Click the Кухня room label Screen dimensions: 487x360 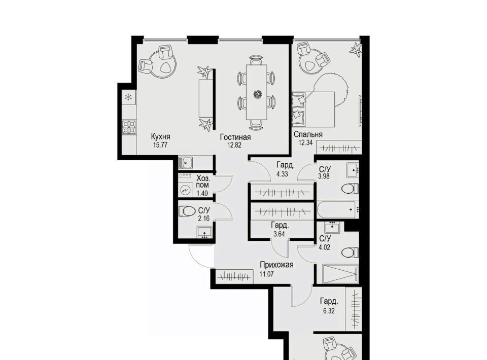pos(161,136)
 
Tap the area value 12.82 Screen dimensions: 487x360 pos(234,145)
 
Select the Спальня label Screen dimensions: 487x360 pos(308,134)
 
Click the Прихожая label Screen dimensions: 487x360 pos(276,265)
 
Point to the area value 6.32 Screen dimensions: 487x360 pos(329,311)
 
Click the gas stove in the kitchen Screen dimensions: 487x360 pos(129,127)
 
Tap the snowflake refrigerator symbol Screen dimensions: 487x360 pos(128,97)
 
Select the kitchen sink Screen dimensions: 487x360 pos(186,163)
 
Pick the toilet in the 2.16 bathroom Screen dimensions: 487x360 pos(186,211)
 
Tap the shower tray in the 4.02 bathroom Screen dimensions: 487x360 pos(340,273)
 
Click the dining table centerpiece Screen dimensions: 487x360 pos(257,94)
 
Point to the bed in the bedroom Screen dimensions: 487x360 pos(313,109)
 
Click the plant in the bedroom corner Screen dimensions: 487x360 pos(356,50)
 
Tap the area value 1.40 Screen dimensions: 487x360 pos(202,194)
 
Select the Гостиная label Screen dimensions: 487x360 pos(235,137)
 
